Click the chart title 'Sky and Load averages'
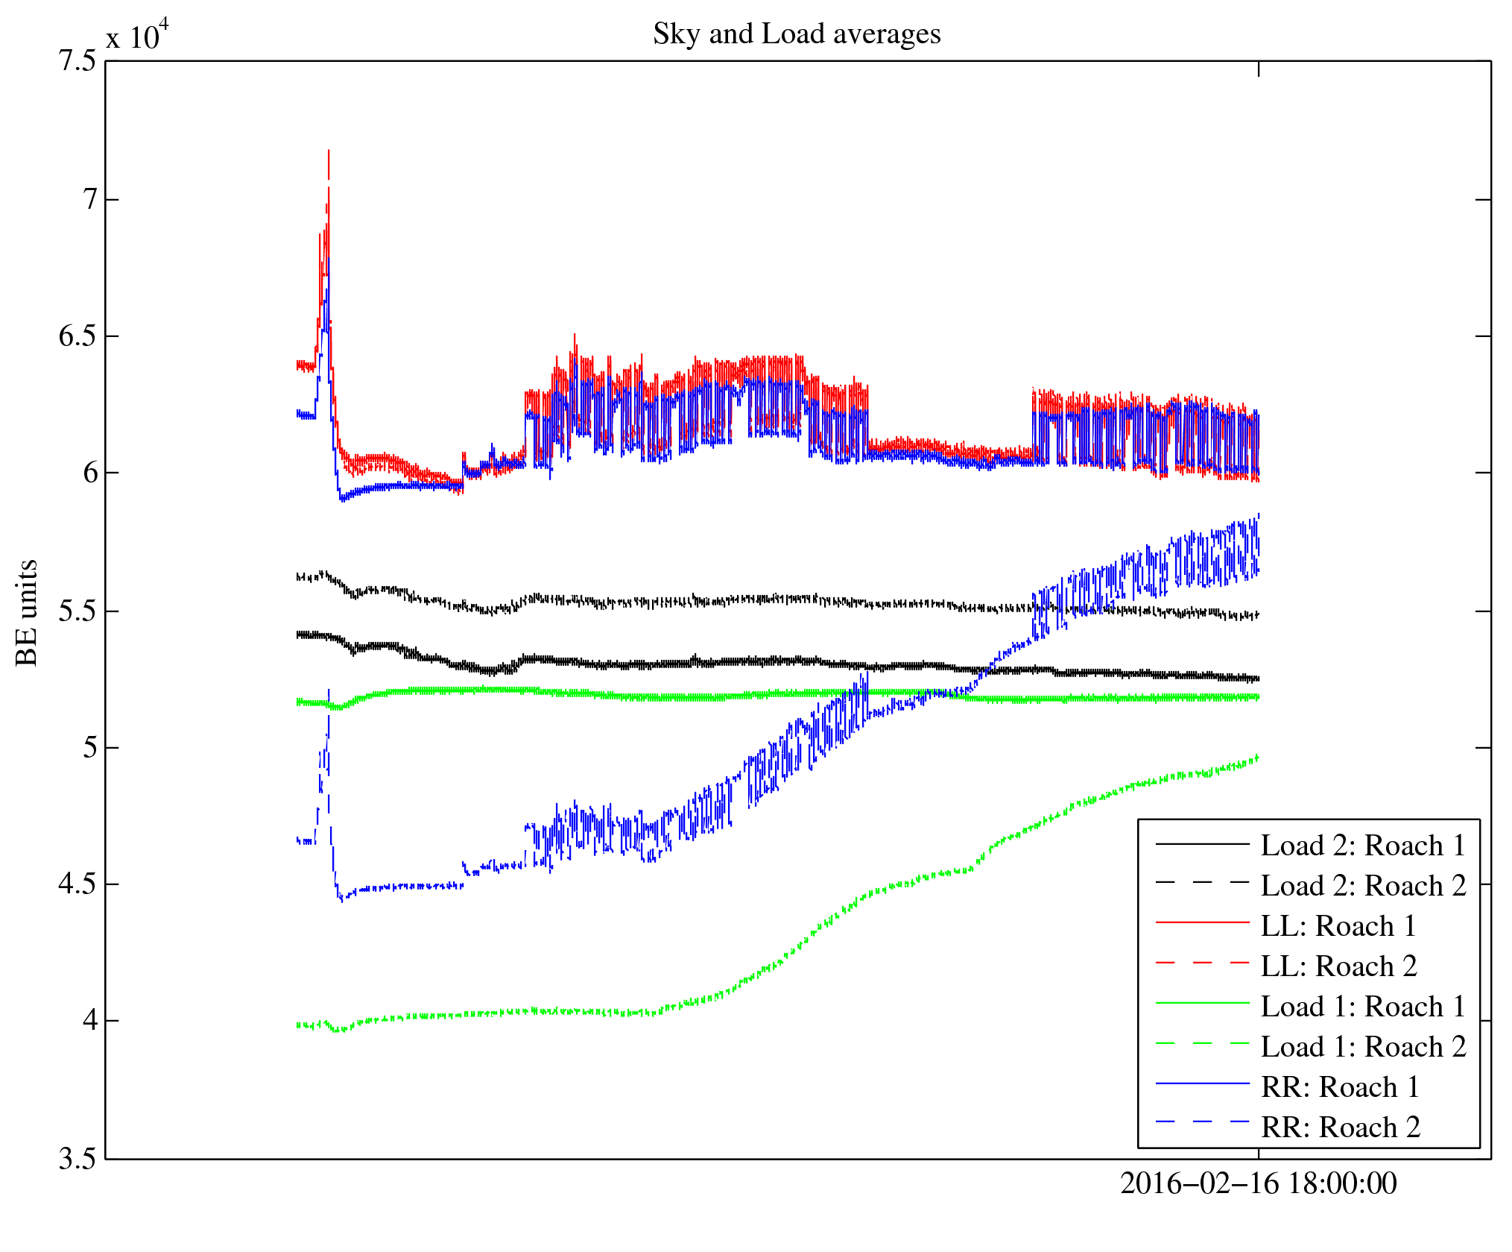point(797,34)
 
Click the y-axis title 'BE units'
point(27,612)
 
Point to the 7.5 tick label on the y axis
point(78,61)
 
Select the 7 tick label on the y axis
point(90,200)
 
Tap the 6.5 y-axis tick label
point(78,336)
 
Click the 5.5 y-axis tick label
point(78,611)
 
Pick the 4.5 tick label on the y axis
point(78,884)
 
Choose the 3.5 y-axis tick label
point(78,1160)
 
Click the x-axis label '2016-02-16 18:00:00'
point(1258,1183)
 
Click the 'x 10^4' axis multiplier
point(138,35)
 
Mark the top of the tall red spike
point(329,151)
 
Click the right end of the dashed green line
point(1258,757)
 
